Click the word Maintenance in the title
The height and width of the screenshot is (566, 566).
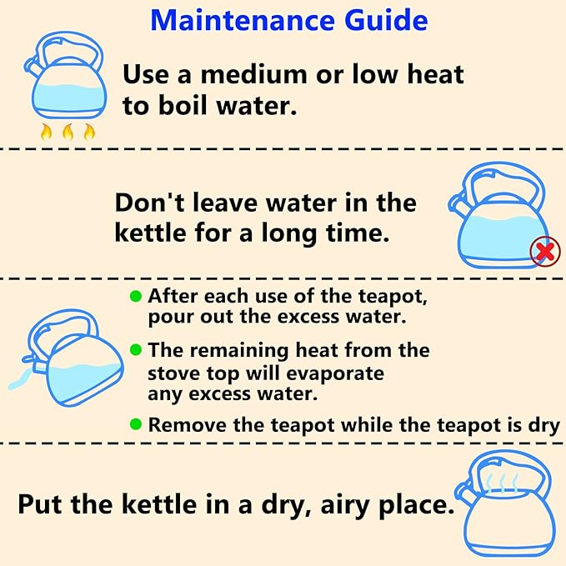click(243, 20)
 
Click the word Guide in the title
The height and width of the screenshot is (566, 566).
click(386, 20)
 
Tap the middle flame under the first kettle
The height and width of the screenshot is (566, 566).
click(68, 132)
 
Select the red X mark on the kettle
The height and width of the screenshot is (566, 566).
click(545, 252)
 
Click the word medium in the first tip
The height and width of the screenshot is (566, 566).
click(254, 74)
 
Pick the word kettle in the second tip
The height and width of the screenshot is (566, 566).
click(151, 233)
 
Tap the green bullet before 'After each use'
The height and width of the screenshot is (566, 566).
click(136, 297)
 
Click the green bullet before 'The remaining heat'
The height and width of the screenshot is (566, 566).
click(136, 349)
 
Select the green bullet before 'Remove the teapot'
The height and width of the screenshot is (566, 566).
click(136, 424)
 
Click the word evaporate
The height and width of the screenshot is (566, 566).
click(335, 374)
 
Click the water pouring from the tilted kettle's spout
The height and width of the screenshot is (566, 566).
click(19, 381)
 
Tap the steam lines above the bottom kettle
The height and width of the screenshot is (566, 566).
click(502, 483)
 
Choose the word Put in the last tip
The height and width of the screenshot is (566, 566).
click(40, 504)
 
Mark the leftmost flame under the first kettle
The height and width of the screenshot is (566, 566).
click(46, 132)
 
